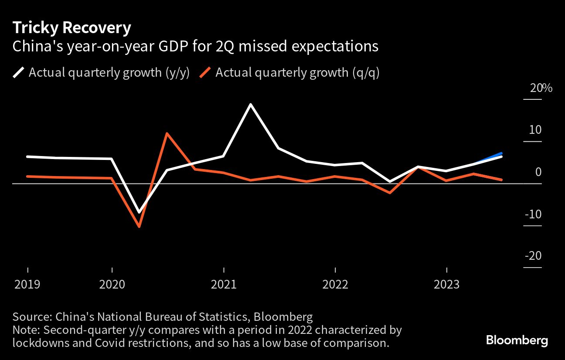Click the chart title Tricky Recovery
pos(71,28)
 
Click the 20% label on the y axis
pos(541,88)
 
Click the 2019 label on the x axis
pos(27,285)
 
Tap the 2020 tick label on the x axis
pos(112,285)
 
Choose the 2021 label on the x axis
pos(223,285)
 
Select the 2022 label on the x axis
pos(335,285)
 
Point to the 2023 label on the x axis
pos(446,285)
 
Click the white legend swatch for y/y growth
pos(19,72)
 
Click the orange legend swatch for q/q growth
pos(206,72)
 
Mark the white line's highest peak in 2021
pos(251,105)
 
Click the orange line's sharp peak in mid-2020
pos(167,133)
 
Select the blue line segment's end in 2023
pos(502,153)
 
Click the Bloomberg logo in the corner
pos(517,340)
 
